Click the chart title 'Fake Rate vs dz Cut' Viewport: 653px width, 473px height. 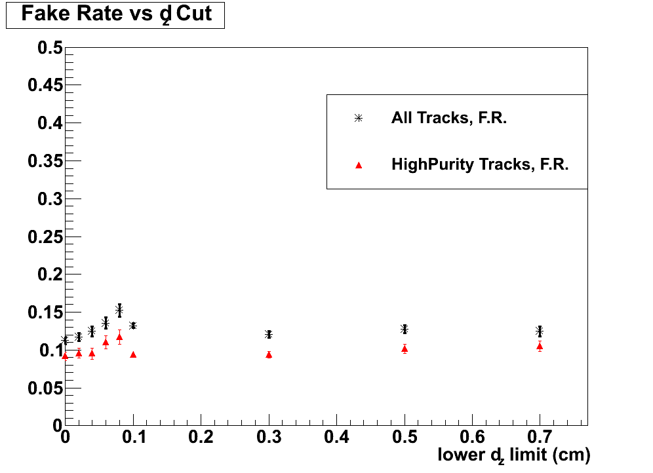(x=116, y=14)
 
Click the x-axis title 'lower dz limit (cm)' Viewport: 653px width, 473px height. (x=514, y=454)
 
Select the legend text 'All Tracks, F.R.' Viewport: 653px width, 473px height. (x=449, y=118)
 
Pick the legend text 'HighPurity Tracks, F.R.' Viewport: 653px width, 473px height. (x=480, y=164)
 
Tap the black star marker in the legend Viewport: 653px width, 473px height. (x=358, y=118)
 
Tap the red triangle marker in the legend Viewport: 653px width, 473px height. (x=358, y=165)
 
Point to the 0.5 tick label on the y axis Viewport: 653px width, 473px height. (x=49, y=48)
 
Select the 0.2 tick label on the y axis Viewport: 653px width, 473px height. (x=49, y=274)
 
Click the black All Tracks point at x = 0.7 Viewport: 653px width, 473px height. (x=540, y=331)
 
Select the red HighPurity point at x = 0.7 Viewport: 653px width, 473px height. (x=540, y=346)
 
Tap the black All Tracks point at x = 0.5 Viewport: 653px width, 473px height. (x=405, y=329)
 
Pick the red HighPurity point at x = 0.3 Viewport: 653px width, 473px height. (x=269, y=354)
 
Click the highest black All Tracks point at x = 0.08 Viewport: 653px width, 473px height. (x=119, y=310)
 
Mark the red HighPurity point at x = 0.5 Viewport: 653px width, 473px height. (x=405, y=349)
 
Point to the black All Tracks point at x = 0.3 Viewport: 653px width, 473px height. (x=269, y=334)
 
